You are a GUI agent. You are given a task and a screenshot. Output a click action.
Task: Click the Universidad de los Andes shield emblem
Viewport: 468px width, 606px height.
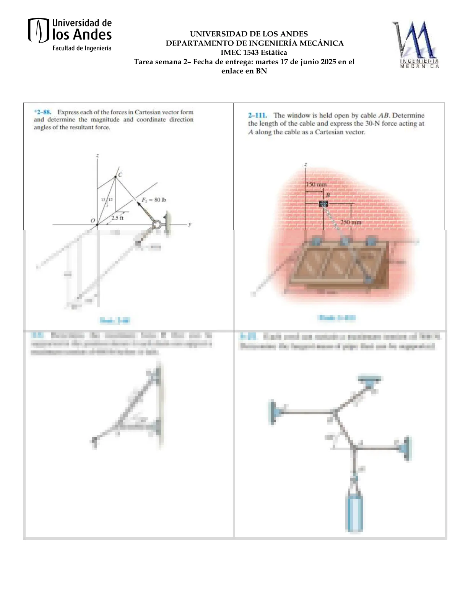click(x=39, y=30)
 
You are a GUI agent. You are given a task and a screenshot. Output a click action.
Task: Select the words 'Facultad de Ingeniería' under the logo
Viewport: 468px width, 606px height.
click(x=82, y=48)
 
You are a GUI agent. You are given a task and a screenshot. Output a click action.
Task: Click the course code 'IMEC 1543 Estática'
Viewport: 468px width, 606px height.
click(x=253, y=52)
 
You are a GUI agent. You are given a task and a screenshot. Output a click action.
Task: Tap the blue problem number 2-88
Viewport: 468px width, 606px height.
click(x=42, y=112)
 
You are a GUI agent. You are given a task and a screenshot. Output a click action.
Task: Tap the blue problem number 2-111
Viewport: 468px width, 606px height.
click(x=257, y=115)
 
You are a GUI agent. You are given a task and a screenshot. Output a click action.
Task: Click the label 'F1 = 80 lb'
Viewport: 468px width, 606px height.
click(x=154, y=200)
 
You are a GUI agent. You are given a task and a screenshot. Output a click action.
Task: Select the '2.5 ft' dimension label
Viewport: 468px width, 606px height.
click(x=117, y=218)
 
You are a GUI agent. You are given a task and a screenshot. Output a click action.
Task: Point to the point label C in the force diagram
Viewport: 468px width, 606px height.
click(x=120, y=175)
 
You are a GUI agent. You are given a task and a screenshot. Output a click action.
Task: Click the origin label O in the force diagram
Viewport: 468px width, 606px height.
click(x=93, y=220)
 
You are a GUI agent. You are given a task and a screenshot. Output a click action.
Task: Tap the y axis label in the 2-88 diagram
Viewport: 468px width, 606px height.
click(x=190, y=224)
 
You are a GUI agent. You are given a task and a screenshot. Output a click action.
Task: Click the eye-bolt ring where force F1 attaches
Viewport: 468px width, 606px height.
click(x=157, y=225)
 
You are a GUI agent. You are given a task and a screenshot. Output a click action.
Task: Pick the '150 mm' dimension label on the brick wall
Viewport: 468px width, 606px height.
click(x=316, y=184)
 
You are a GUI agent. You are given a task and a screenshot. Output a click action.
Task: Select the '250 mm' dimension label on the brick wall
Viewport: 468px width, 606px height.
click(x=351, y=222)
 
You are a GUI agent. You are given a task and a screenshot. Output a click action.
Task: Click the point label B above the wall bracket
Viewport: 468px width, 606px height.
click(x=328, y=195)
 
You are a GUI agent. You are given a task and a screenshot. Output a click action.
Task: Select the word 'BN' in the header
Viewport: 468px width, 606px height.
click(x=261, y=71)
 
